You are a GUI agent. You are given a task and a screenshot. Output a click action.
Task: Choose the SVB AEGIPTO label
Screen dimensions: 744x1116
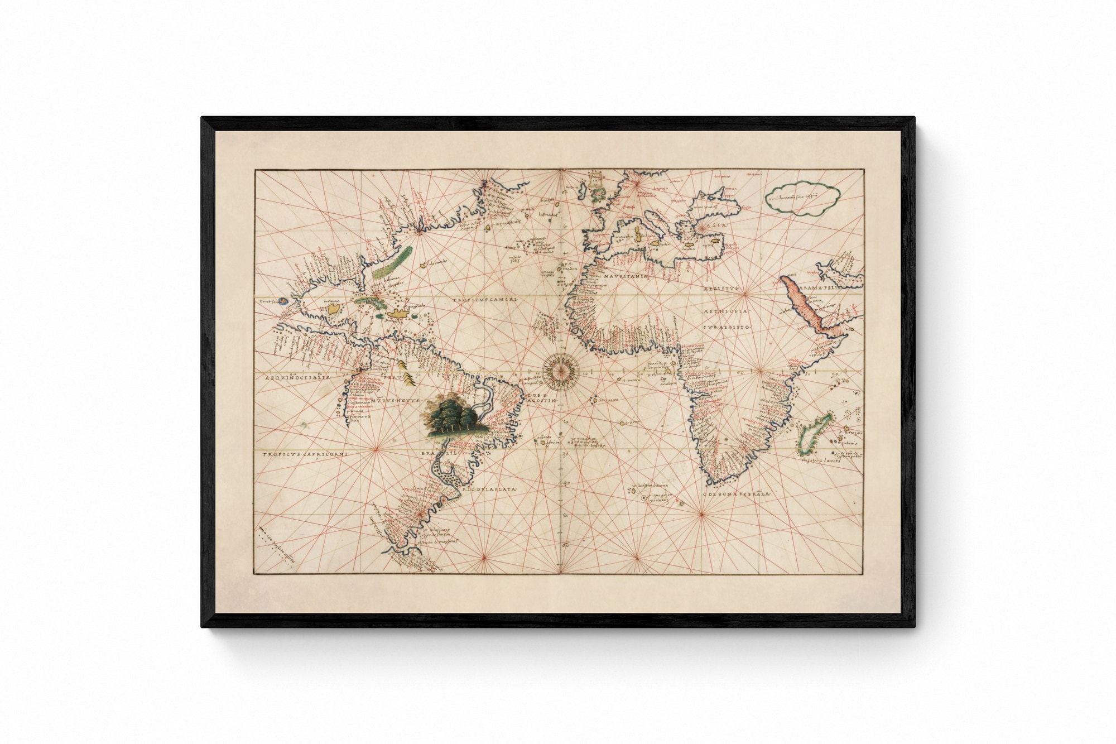pyautogui.click(x=728, y=327)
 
